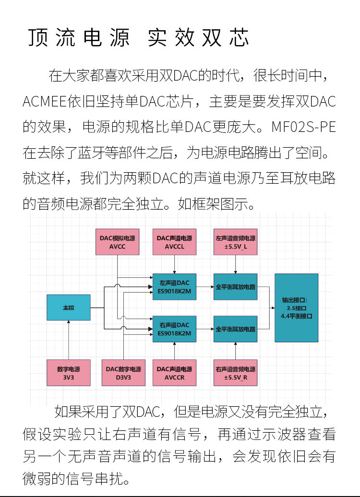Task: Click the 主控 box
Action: (69, 308)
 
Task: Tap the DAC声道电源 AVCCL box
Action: (174, 242)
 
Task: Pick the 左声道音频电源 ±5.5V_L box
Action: (235, 242)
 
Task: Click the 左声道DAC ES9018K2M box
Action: (174, 287)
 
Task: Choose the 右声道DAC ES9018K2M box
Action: (174, 329)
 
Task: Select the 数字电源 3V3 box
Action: (69, 373)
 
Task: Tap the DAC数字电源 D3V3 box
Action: (123, 373)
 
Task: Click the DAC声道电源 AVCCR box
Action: (174, 373)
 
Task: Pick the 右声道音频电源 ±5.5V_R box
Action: (235, 373)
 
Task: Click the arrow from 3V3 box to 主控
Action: (69, 340)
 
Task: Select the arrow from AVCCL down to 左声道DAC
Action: (174, 264)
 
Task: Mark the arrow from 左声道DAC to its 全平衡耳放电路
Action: (205, 287)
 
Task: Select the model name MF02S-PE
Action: (303, 128)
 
